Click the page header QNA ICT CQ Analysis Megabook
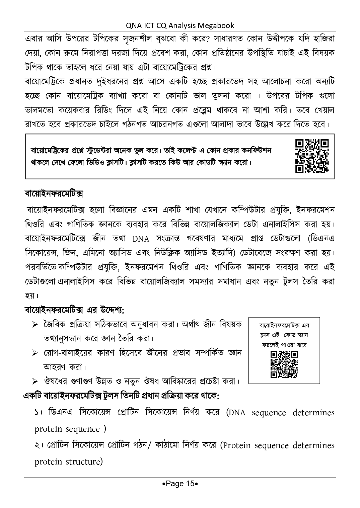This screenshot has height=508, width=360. (180, 25)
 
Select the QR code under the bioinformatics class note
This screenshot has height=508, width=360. (284, 365)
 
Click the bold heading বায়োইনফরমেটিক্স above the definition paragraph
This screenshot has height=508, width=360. (54, 194)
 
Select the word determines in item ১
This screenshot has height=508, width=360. (313, 413)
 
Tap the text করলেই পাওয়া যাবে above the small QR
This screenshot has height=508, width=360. (284, 345)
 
